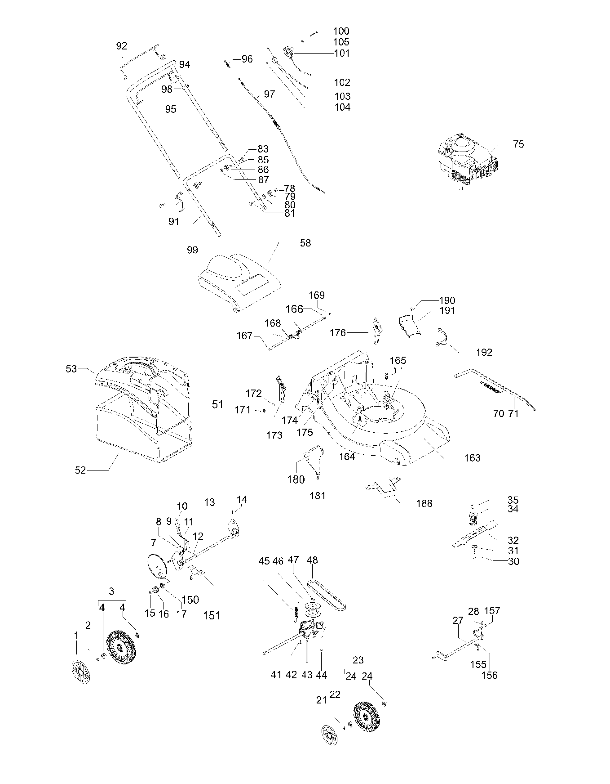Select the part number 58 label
[x=305, y=243]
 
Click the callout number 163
[x=472, y=458]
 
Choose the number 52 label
[x=80, y=470]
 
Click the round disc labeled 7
[x=157, y=566]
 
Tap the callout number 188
[x=424, y=503]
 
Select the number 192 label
[x=484, y=352]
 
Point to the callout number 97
[x=270, y=94]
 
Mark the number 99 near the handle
[x=192, y=250]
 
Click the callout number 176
[x=338, y=332]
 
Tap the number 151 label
[x=212, y=615]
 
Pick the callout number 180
[x=296, y=479]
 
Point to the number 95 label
[x=171, y=109]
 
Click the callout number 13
[x=210, y=502]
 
